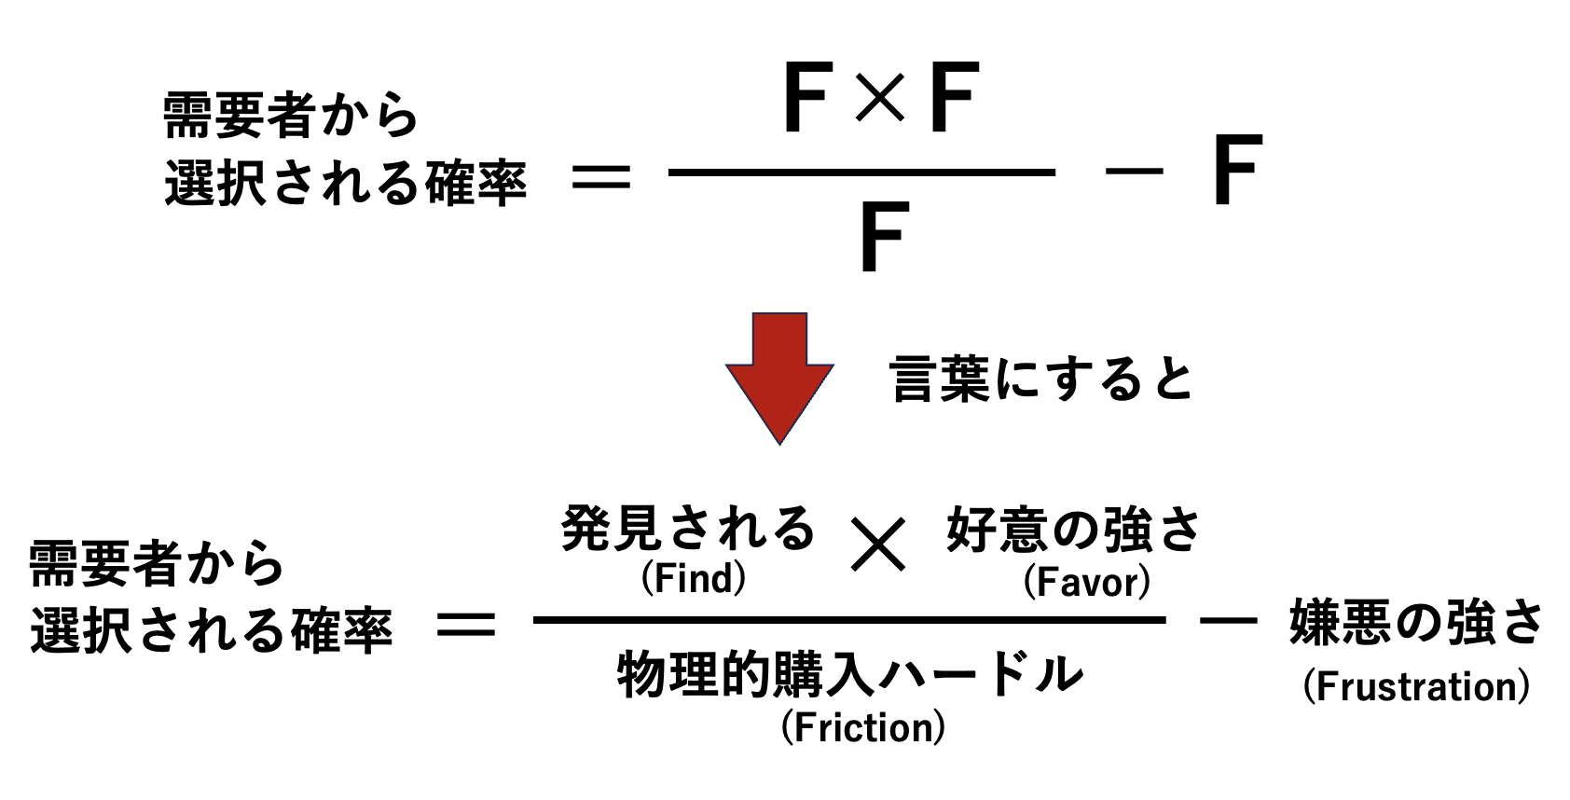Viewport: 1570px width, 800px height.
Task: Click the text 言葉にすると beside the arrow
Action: tap(1041, 379)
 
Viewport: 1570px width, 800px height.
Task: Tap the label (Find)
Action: tap(694, 579)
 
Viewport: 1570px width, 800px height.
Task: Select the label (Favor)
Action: tap(1086, 583)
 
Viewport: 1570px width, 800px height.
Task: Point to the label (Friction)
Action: tap(862, 727)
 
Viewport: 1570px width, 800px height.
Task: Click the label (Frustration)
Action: tap(1415, 687)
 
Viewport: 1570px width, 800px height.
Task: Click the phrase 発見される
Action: tap(688, 529)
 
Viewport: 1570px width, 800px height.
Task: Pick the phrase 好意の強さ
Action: tap(1073, 531)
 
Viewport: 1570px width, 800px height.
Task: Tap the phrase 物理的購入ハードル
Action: tap(849, 673)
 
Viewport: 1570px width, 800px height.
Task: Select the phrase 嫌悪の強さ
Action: tap(1416, 623)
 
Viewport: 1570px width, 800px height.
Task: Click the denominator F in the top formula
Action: tap(882, 238)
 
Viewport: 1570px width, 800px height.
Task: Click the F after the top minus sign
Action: tap(1236, 171)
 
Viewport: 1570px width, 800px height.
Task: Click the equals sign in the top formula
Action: tap(601, 175)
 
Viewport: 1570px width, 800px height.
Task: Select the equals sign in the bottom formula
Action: tap(466, 625)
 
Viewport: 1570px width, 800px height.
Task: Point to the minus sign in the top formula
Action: tap(1134, 172)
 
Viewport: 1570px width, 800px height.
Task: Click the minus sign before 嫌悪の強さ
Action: tap(1228, 619)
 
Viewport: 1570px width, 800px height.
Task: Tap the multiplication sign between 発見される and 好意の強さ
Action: tap(878, 545)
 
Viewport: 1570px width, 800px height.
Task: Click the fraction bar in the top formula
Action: tap(861, 172)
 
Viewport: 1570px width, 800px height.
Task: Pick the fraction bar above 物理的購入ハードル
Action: tap(848, 620)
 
